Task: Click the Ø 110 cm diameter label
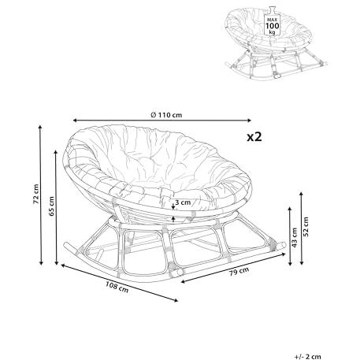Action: (166, 115)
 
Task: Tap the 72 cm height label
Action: (36, 194)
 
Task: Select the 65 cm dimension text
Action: (51, 206)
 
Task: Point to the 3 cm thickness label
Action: (183, 202)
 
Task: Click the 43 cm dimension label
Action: (295, 237)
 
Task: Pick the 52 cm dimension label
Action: (306, 227)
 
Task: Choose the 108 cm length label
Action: (117, 287)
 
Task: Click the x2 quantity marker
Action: (254, 137)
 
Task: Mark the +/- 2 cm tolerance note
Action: (307, 357)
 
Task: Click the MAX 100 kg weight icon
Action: (273, 23)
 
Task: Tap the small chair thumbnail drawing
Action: (276, 43)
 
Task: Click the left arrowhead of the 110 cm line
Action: (75, 121)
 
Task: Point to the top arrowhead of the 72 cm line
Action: (40, 127)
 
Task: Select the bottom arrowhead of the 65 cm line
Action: (56, 263)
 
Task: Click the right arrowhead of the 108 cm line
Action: (176, 300)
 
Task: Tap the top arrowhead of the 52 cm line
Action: (302, 194)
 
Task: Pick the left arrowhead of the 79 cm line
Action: (184, 282)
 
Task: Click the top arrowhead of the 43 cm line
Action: (290, 209)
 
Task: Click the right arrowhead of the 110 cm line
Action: (250, 121)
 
